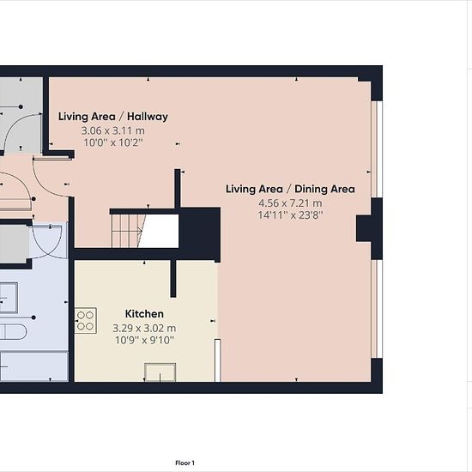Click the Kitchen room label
[144, 314]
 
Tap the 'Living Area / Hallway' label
[113, 117]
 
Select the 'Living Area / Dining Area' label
[290, 189]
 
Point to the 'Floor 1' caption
[185, 463]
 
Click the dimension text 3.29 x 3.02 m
[144, 328]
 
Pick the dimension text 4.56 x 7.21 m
[290, 203]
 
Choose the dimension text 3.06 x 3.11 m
[113, 131]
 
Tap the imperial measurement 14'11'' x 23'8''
[290, 215]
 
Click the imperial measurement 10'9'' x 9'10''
[144, 340]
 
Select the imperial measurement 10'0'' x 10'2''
[113, 142]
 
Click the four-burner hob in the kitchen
[86, 321]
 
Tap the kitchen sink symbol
[160, 372]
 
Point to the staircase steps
[126, 231]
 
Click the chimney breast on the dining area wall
[364, 228]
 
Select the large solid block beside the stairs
[200, 233]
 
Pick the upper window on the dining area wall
[377, 149]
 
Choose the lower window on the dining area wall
[377, 309]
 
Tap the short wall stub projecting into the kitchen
[173, 278]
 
